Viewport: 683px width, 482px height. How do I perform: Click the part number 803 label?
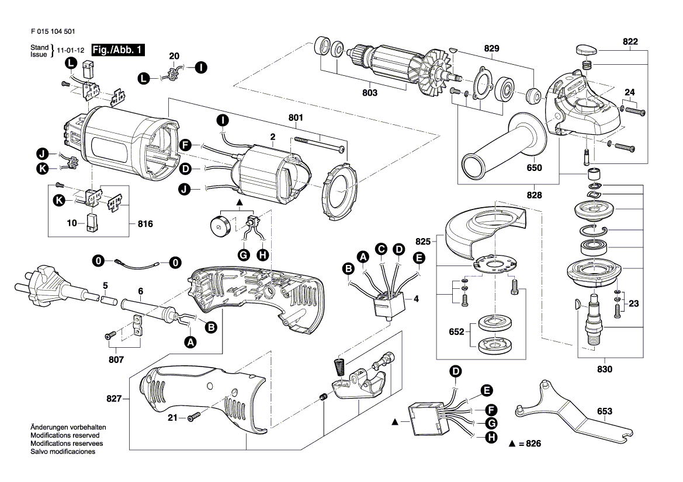click(369, 93)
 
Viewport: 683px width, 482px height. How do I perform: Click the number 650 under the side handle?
click(534, 168)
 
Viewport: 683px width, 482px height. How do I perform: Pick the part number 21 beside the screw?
click(172, 418)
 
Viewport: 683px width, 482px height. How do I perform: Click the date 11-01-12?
click(69, 51)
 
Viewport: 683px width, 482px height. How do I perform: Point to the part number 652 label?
click(456, 332)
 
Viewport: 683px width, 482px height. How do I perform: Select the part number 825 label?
click(422, 240)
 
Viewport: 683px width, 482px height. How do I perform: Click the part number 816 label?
click(145, 223)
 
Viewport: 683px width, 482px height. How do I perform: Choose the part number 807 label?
click(116, 359)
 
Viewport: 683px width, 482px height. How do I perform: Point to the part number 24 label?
click(629, 92)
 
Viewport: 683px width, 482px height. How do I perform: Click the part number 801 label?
click(296, 117)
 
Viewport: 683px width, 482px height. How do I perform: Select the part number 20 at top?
click(174, 56)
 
